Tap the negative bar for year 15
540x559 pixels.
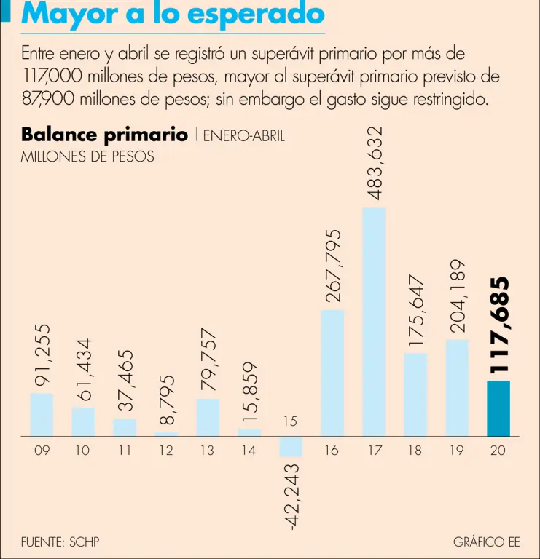pos(291,446)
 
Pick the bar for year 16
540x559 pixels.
pos(332,372)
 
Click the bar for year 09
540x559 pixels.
pos(42,414)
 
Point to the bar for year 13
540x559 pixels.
pos(208,417)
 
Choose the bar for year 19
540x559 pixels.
pos(457,387)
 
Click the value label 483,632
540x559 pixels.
pos(375,163)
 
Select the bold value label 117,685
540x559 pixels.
pos(499,325)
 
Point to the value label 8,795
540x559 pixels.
pos(167,400)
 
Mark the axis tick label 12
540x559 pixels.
pos(166,451)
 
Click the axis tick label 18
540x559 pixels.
pos(415,451)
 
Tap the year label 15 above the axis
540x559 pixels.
pos(291,421)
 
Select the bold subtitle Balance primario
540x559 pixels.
pos(104,135)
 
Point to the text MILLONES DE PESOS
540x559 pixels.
pos(87,156)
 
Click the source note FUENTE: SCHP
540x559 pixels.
pos(60,542)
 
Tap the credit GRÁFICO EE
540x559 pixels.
pos(486,542)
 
